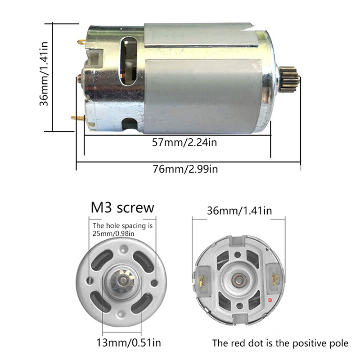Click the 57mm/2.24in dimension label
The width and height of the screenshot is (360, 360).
tap(184, 143)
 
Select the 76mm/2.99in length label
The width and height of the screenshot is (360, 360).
tap(185, 169)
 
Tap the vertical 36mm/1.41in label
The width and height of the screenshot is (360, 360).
tap(44, 74)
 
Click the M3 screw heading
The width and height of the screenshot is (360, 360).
tap(122, 207)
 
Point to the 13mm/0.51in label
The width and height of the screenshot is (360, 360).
tap(128, 343)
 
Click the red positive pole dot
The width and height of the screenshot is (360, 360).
tap(270, 300)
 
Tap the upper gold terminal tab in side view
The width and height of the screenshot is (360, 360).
tap(82, 42)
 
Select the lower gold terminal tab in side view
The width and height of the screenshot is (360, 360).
tap(78, 118)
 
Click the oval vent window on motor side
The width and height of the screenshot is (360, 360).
tap(128, 61)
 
